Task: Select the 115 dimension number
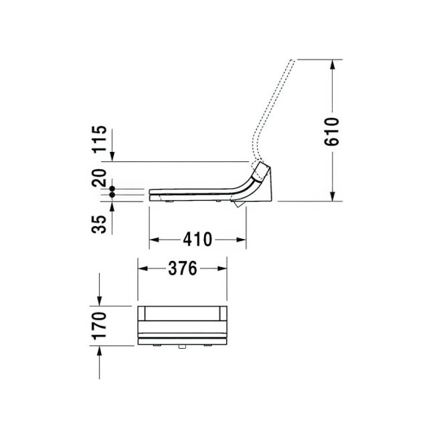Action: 100,139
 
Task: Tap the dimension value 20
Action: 100,179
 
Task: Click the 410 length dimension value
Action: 197,239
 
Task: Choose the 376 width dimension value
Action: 181,268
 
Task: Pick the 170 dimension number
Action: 100,326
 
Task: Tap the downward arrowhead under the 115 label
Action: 112,156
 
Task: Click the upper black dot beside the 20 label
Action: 112,190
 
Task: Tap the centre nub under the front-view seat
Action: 181,348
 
